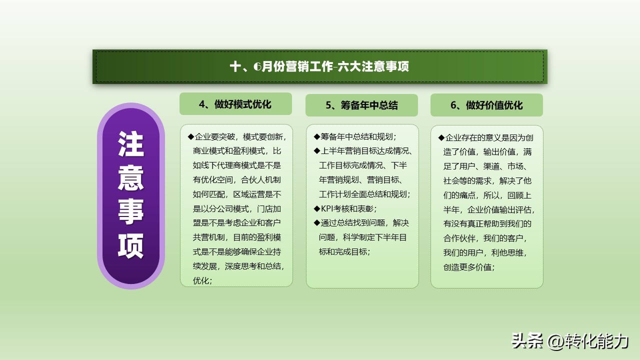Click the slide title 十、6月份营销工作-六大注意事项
319,66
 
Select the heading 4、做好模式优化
235,104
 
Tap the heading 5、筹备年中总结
361,105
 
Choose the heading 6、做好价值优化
486,105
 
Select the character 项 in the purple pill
131,245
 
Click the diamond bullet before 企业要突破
190,136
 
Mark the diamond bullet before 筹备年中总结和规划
316,136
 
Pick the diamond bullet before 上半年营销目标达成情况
316,150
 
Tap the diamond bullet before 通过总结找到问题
316,222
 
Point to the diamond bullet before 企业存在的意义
441,137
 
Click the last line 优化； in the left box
202,280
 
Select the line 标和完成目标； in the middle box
345,251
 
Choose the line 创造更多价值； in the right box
469,267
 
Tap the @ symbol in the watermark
555,341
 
